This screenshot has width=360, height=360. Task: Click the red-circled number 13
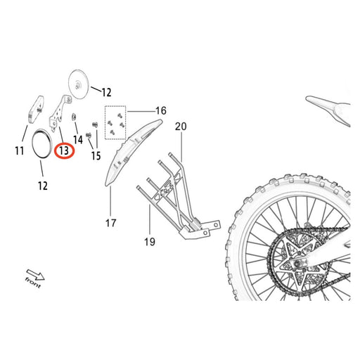click(x=64, y=150)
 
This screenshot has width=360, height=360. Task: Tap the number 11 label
click(x=19, y=150)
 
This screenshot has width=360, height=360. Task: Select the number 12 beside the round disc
click(x=105, y=92)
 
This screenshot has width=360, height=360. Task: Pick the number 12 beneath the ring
click(x=42, y=186)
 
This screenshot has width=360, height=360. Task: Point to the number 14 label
click(x=77, y=141)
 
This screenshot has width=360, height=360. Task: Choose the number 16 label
click(x=160, y=111)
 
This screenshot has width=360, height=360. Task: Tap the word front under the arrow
click(x=32, y=283)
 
